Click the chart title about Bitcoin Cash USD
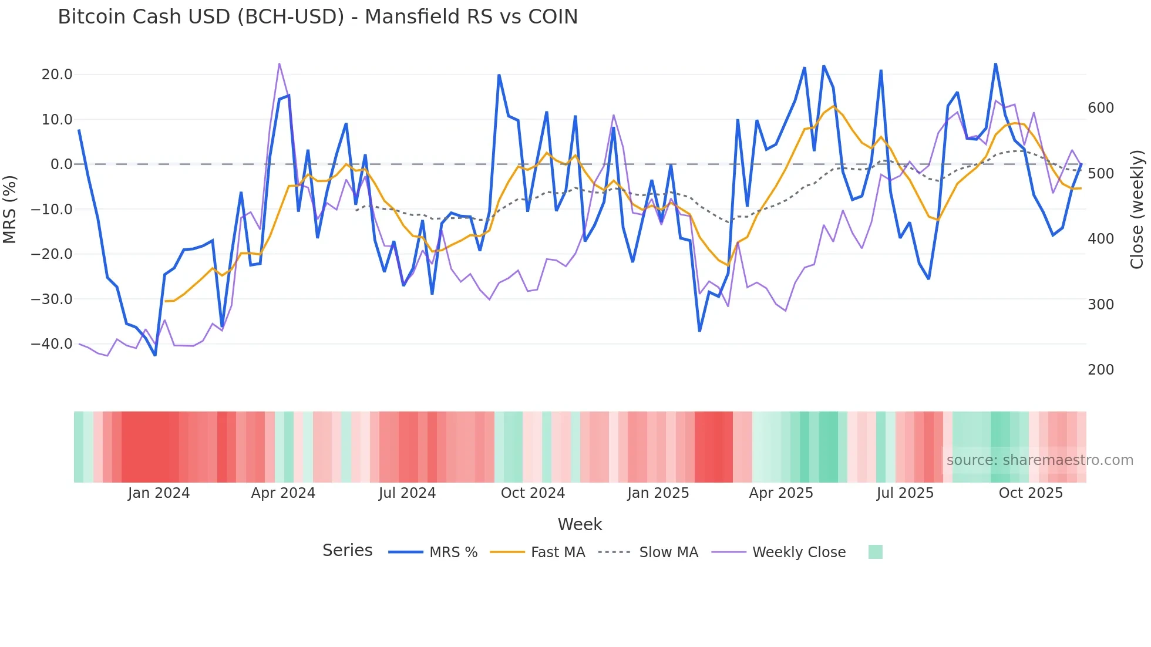coord(318,17)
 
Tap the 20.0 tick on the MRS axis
coord(57,75)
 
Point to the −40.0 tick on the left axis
coord(52,344)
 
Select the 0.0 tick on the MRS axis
coord(61,164)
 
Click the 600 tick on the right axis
coord(1100,108)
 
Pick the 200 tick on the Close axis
coord(1100,370)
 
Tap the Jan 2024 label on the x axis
coord(159,493)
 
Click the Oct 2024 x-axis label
coord(533,493)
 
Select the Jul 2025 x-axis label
coord(905,493)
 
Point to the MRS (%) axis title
coord(10,209)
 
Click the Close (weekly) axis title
coord(1137,210)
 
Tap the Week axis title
coord(580,524)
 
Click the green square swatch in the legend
coord(875,552)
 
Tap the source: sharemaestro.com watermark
coord(1039,460)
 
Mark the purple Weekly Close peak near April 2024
coord(279,63)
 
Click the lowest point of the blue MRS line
coord(155,355)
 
